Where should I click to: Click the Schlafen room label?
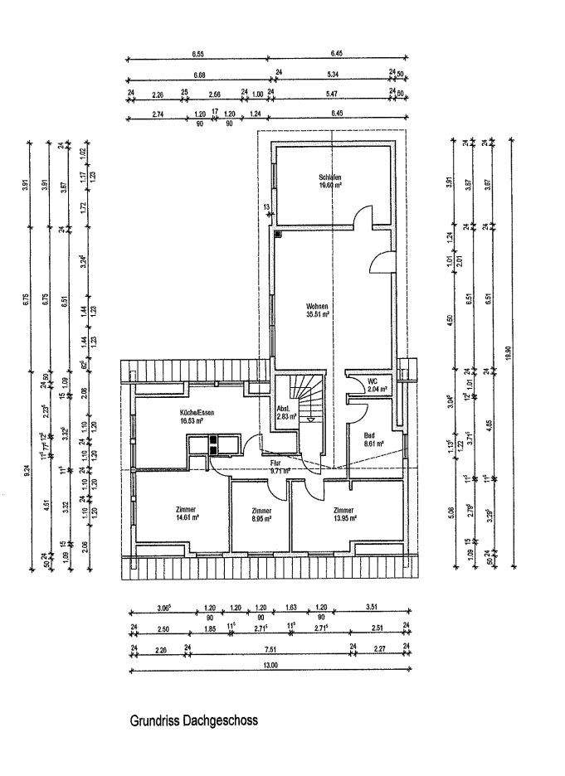(329, 177)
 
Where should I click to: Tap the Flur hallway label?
(275, 463)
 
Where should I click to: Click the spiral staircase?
(307, 397)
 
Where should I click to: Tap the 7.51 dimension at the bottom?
(269, 649)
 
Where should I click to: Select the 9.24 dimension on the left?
(27, 468)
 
